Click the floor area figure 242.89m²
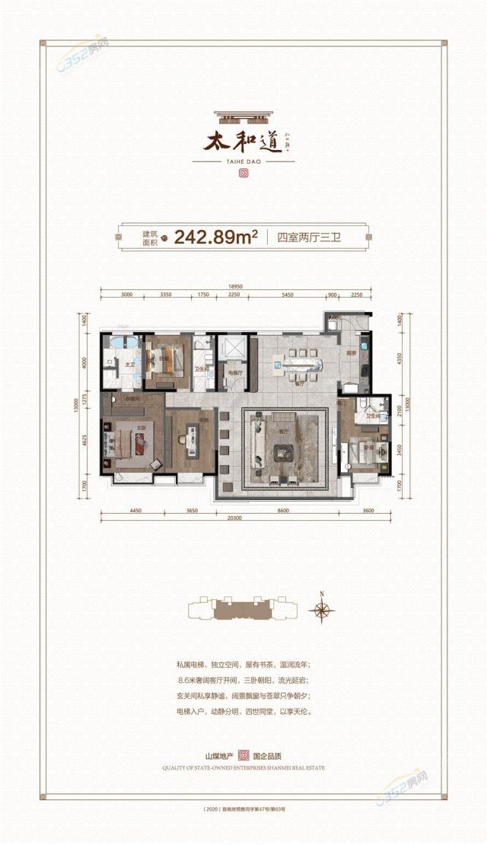point(215,236)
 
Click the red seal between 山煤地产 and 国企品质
point(243,755)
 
